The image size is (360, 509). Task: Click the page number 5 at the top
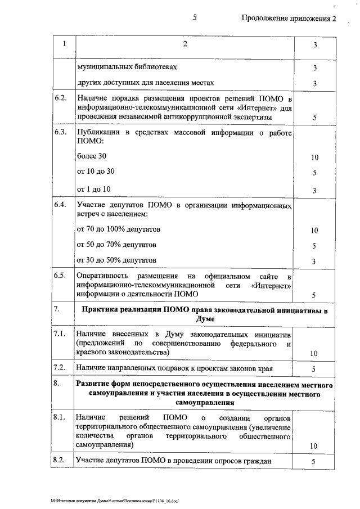tap(195, 17)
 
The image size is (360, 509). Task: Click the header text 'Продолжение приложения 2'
tap(288, 18)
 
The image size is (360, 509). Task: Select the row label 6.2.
tap(60, 98)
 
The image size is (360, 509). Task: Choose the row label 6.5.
tap(60, 276)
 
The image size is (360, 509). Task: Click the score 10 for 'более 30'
tap(314, 157)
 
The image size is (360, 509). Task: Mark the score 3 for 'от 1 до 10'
tap(314, 190)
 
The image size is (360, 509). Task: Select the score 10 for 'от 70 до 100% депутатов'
tap(314, 231)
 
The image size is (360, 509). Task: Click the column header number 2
tap(184, 44)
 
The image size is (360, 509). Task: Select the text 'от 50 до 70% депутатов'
tap(116, 245)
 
